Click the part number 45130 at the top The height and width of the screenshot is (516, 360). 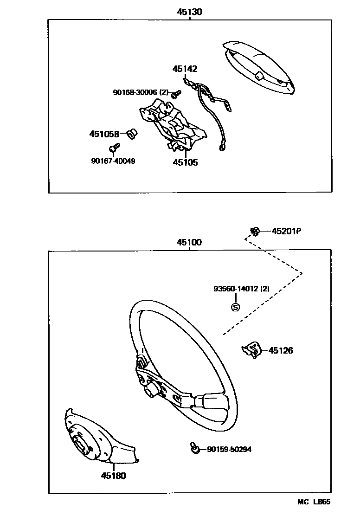pyautogui.click(x=189, y=12)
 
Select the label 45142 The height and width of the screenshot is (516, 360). pyautogui.click(x=185, y=69)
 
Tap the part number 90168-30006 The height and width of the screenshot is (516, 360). pyautogui.click(x=135, y=93)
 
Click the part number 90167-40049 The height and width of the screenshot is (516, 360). pyautogui.click(x=114, y=161)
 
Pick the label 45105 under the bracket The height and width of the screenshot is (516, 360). pyautogui.click(x=185, y=162)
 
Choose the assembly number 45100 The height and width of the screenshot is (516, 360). pyautogui.click(x=189, y=243)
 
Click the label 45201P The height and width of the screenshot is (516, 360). pyautogui.click(x=286, y=231)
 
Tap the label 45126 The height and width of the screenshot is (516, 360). pyautogui.click(x=281, y=351)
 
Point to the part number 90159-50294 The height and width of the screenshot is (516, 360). pyautogui.click(x=229, y=449)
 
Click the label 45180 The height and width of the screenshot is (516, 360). pyautogui.click(x=113, y=476)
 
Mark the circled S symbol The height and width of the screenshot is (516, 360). pyautogui.click(x=235, y=307)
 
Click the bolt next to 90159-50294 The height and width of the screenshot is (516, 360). pyautogui.click(x=195, y=448)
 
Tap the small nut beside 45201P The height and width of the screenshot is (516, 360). pyautogui.click(x=255, y=231)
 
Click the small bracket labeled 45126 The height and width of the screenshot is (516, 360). pyautogui.click(x=251, y=351)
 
